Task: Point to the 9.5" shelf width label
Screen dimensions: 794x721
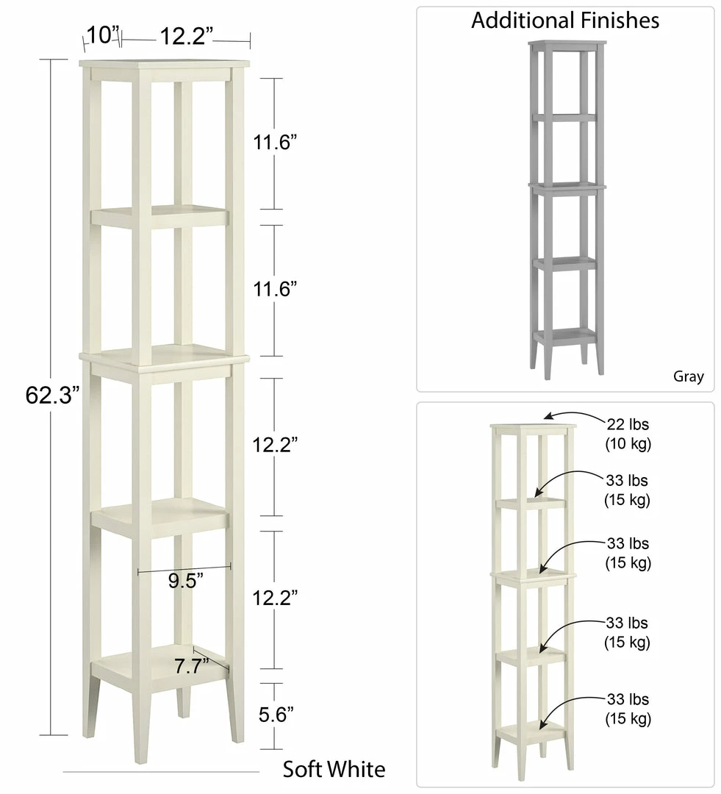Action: [185, 581]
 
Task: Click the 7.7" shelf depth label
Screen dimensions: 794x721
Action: [191, 666]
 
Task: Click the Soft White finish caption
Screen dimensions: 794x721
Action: [334, 769]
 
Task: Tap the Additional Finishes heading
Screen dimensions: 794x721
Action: [564, 21]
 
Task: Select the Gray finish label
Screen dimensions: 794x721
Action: [688, 377]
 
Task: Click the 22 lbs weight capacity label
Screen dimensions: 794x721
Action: [628, 424]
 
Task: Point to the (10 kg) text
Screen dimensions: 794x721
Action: [628, 444]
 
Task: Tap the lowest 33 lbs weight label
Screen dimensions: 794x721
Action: [628, 699]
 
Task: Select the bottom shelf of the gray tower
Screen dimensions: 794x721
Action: [564, 335]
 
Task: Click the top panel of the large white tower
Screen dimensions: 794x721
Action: [165, 63]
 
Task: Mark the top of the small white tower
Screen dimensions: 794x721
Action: [534, 427]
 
